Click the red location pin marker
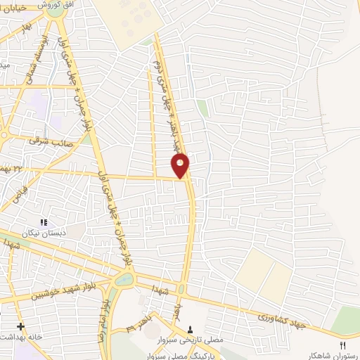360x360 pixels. [x=181, y=166]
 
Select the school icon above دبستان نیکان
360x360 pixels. [x=44, y=222]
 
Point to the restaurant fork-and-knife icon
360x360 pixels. [x=343, y=345]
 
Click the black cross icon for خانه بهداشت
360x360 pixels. [x=20, y=326]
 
